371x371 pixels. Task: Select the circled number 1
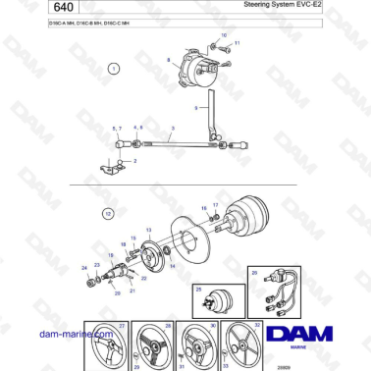[x=113, y=69]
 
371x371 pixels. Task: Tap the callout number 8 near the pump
[x=168, y=60]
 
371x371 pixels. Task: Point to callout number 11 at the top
[x=237, y=44]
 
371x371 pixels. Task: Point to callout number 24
[x=84, y=267]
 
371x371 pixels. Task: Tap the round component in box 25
[x=212, y=299]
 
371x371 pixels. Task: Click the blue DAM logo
[x=304, y=335]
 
